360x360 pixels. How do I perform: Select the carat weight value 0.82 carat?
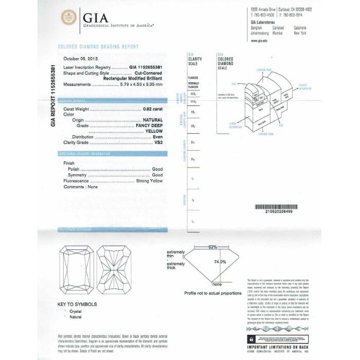point(152,110)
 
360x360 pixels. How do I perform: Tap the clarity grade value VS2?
point(158,141)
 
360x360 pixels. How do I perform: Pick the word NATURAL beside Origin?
point(152,120)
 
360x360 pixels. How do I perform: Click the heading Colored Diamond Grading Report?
point(98,47)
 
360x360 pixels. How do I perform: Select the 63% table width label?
point(212,247)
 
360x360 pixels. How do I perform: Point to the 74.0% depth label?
point(220,262)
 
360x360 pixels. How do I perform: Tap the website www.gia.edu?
point(258,40)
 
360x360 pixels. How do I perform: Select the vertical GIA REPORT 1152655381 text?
point(52,96)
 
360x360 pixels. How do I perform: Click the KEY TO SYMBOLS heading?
point(77,304)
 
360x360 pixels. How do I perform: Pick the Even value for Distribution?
point(157,136)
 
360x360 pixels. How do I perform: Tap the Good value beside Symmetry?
point(157,175)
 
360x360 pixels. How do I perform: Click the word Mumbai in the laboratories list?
point(279,32)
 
